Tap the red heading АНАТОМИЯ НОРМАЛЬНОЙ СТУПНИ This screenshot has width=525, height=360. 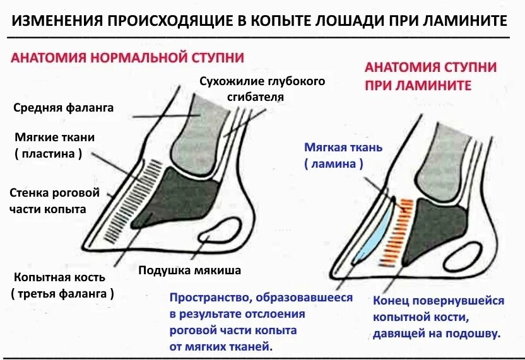pos(127,57)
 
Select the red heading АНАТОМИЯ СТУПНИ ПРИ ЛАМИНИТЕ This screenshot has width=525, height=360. pos(430,76)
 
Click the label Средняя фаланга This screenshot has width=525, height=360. pos(63,108)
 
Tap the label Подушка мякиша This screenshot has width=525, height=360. pos(190,270)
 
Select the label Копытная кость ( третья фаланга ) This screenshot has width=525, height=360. pos(62,285)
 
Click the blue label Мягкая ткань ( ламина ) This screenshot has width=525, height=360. pos(334,155)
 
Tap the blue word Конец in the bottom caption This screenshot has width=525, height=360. pos(392,301)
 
